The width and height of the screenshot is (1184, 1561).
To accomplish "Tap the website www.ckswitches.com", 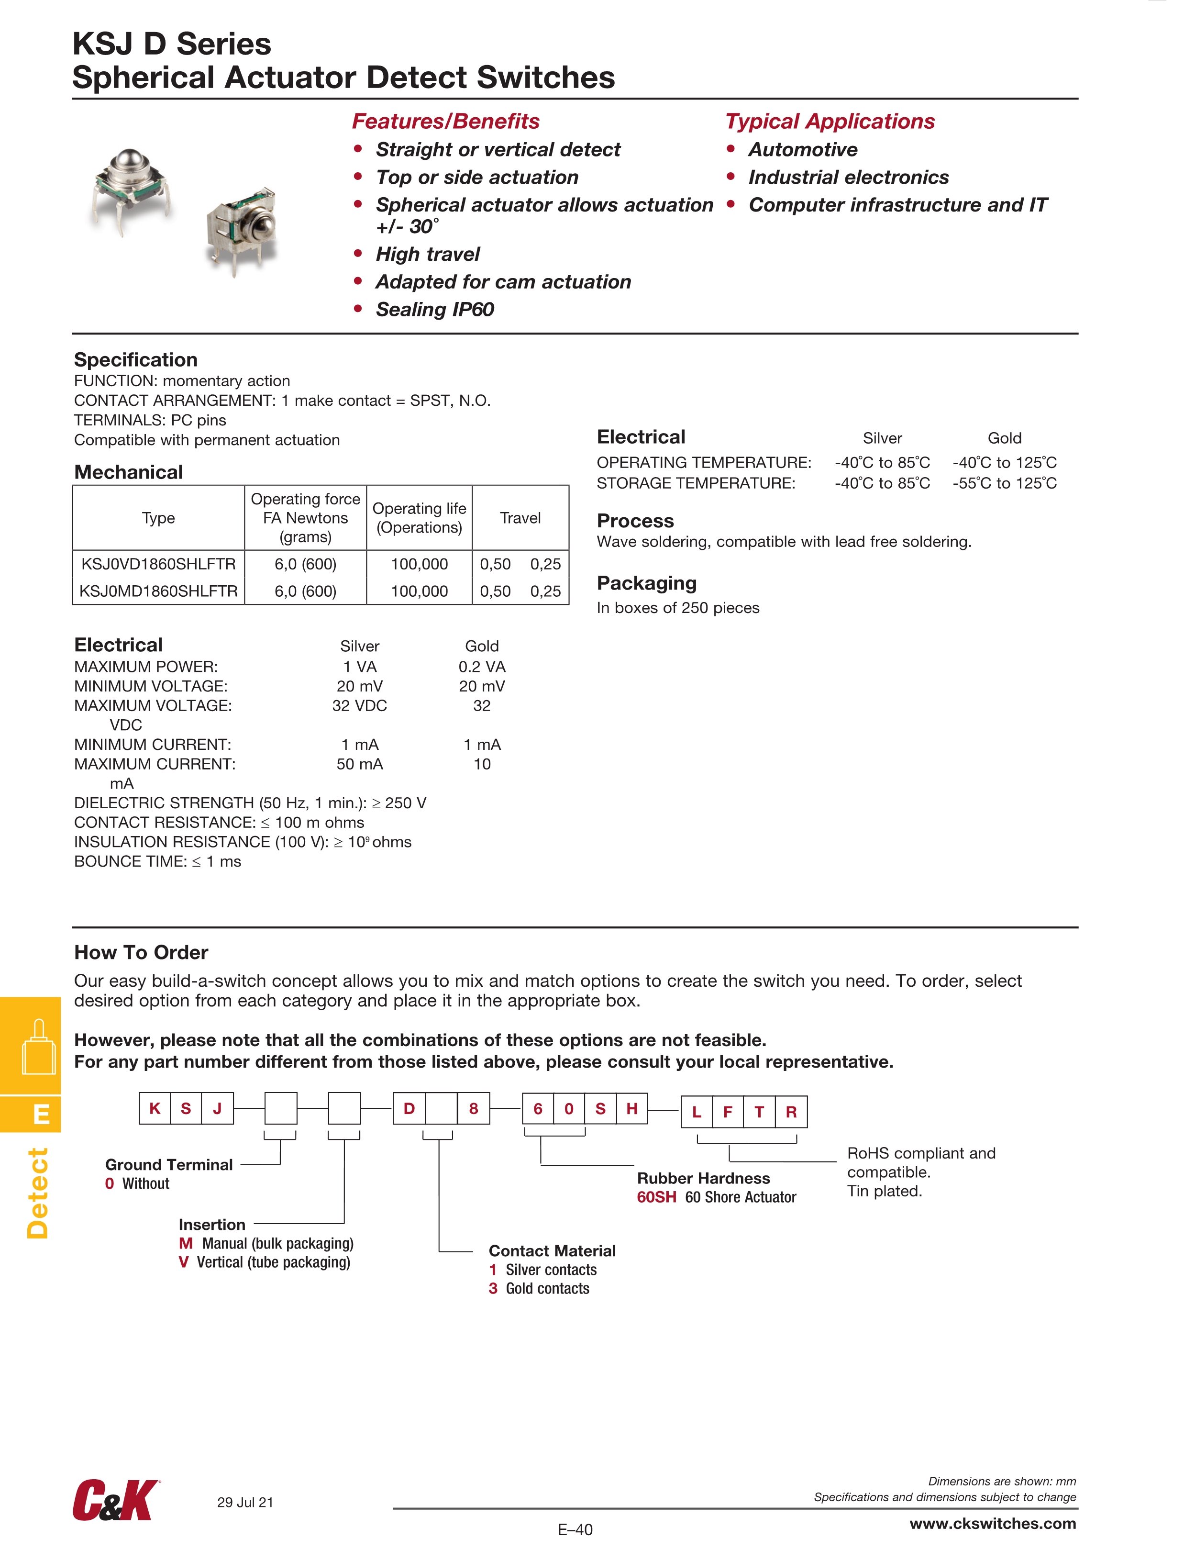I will pyautogui.click(x=992, y=1524).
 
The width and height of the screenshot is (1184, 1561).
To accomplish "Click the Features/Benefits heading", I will pyautogui.click(x=445, y=122).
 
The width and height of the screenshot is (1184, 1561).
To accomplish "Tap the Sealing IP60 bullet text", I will pyautogui.click(x=435, y=309).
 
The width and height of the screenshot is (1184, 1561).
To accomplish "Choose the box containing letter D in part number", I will pyautogui.click(x=409, y=1109).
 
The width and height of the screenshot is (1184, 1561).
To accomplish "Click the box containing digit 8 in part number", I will pyautogui.click(x=474, y=1109).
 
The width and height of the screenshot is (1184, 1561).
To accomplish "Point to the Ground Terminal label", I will pyautogui.click(x=169, y=1165).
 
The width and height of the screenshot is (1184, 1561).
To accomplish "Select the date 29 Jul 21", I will pyautogui.click(x=245, y=1503).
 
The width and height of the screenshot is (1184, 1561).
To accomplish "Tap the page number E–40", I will pyautogui.click(x=575, y=1530).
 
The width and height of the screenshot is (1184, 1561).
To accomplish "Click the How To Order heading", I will pyautogui.click(x=141, y=953).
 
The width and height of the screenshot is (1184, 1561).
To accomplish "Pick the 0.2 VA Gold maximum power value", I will pyautogui.click(x=482, y=667).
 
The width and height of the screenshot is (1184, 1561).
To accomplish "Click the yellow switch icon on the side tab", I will pyautogui.click(x=38, y=1047).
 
